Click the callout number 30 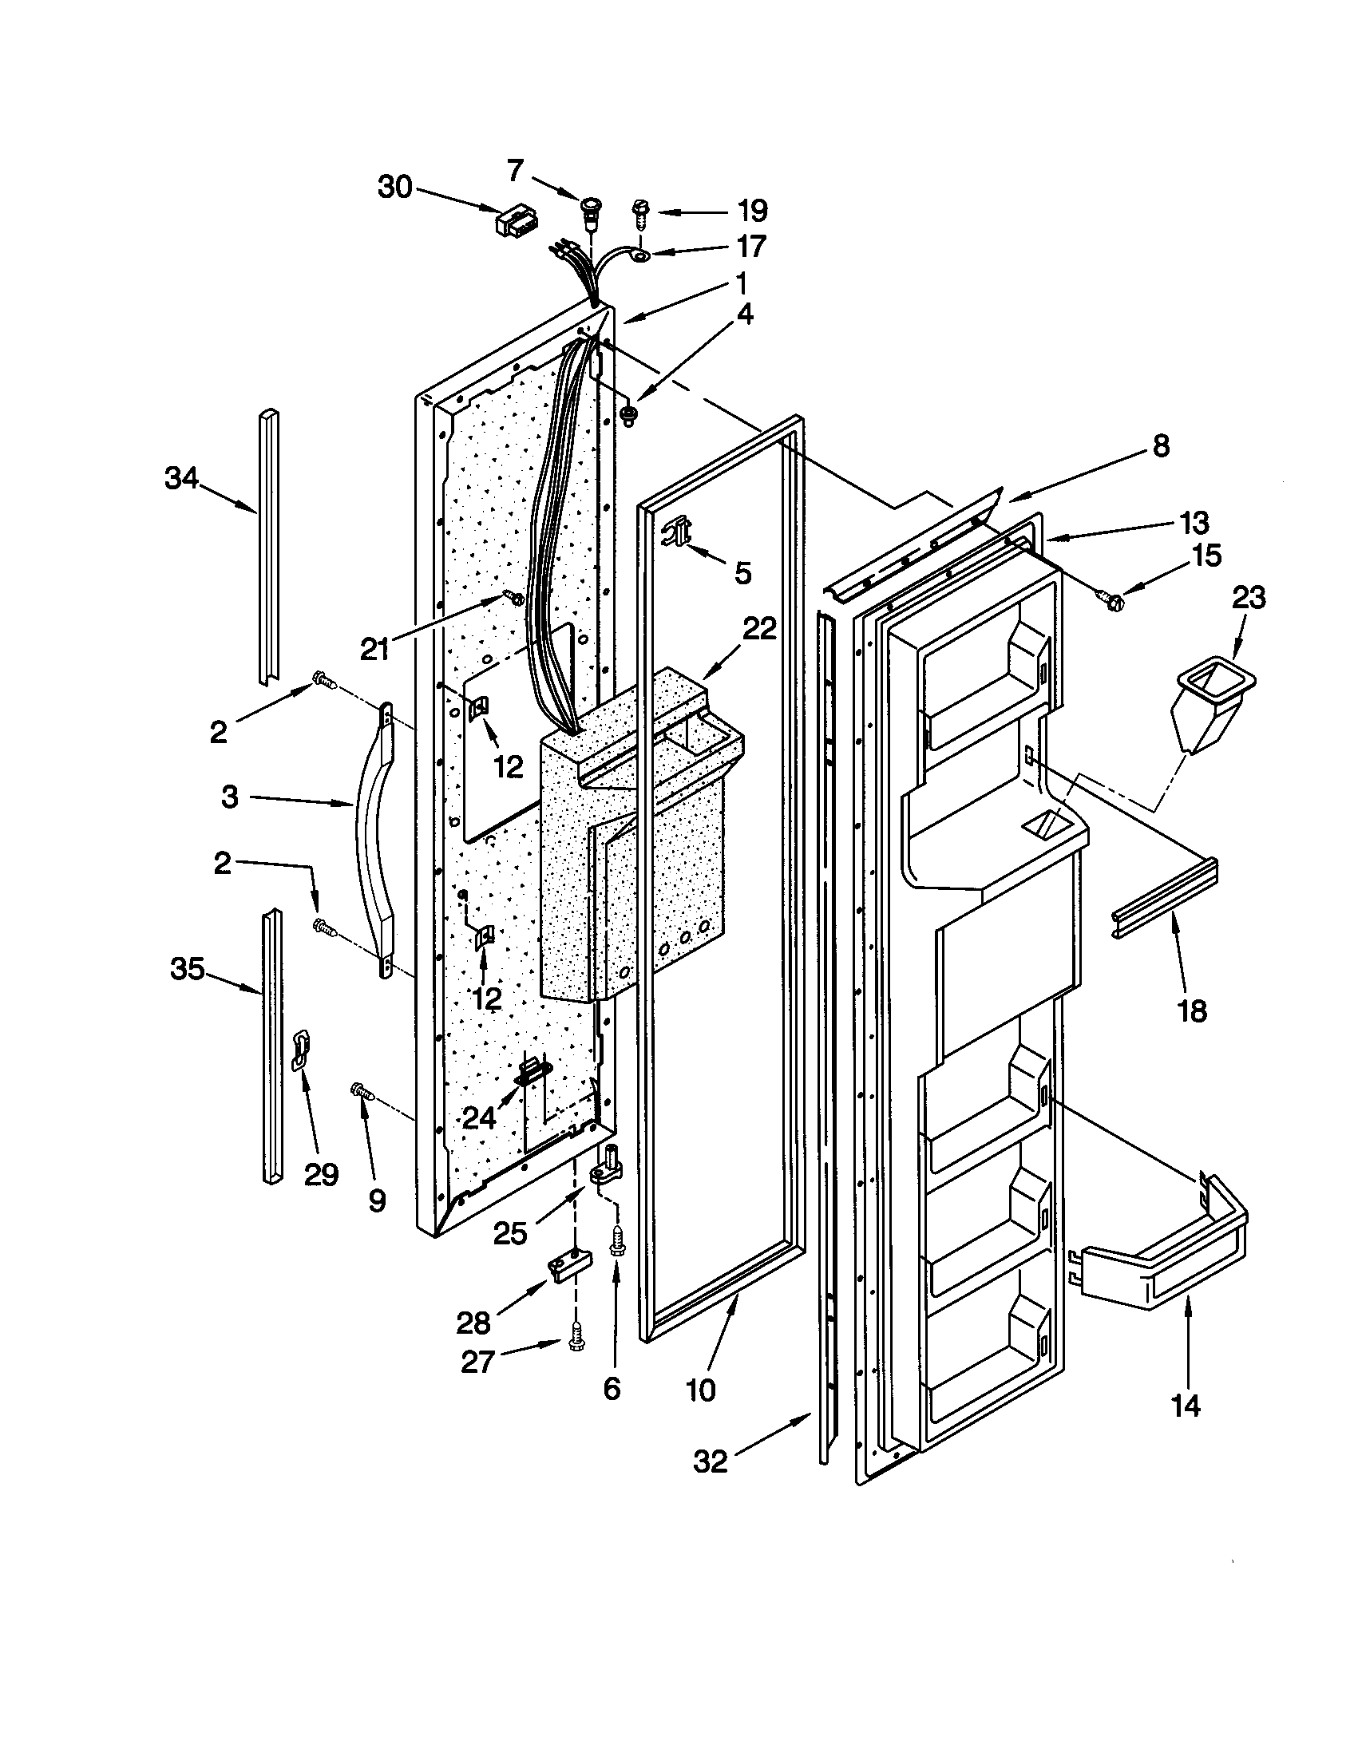394,188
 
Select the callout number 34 181,478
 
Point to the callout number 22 759,628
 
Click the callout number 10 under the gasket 701,1390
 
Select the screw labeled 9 360,1092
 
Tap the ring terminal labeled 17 640,256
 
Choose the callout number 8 1160,446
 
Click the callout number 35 187,970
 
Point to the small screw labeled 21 513,596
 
